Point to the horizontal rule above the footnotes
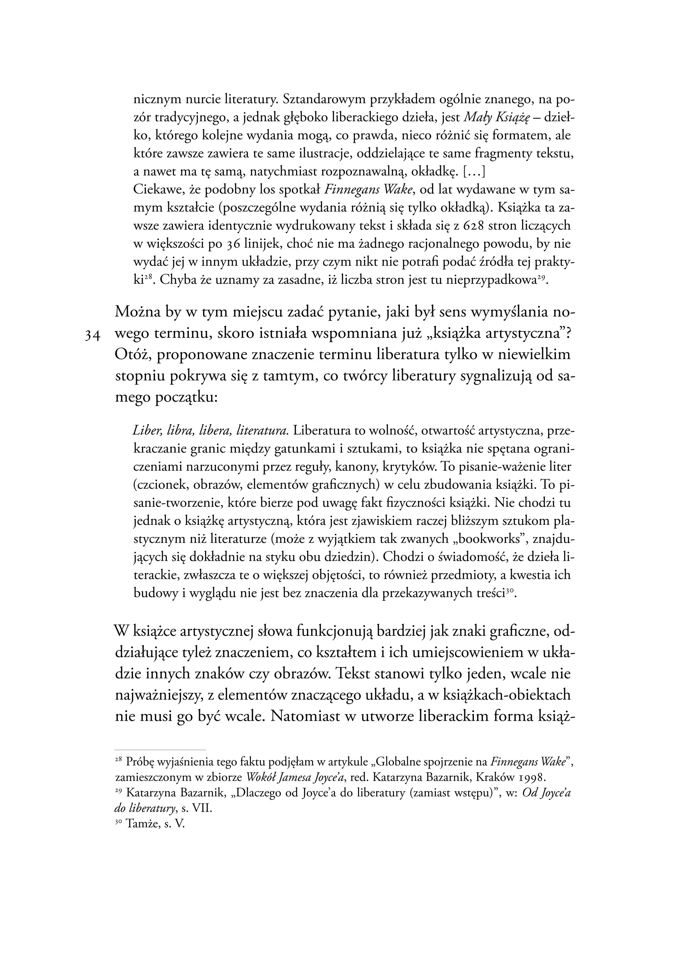[160, 750]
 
